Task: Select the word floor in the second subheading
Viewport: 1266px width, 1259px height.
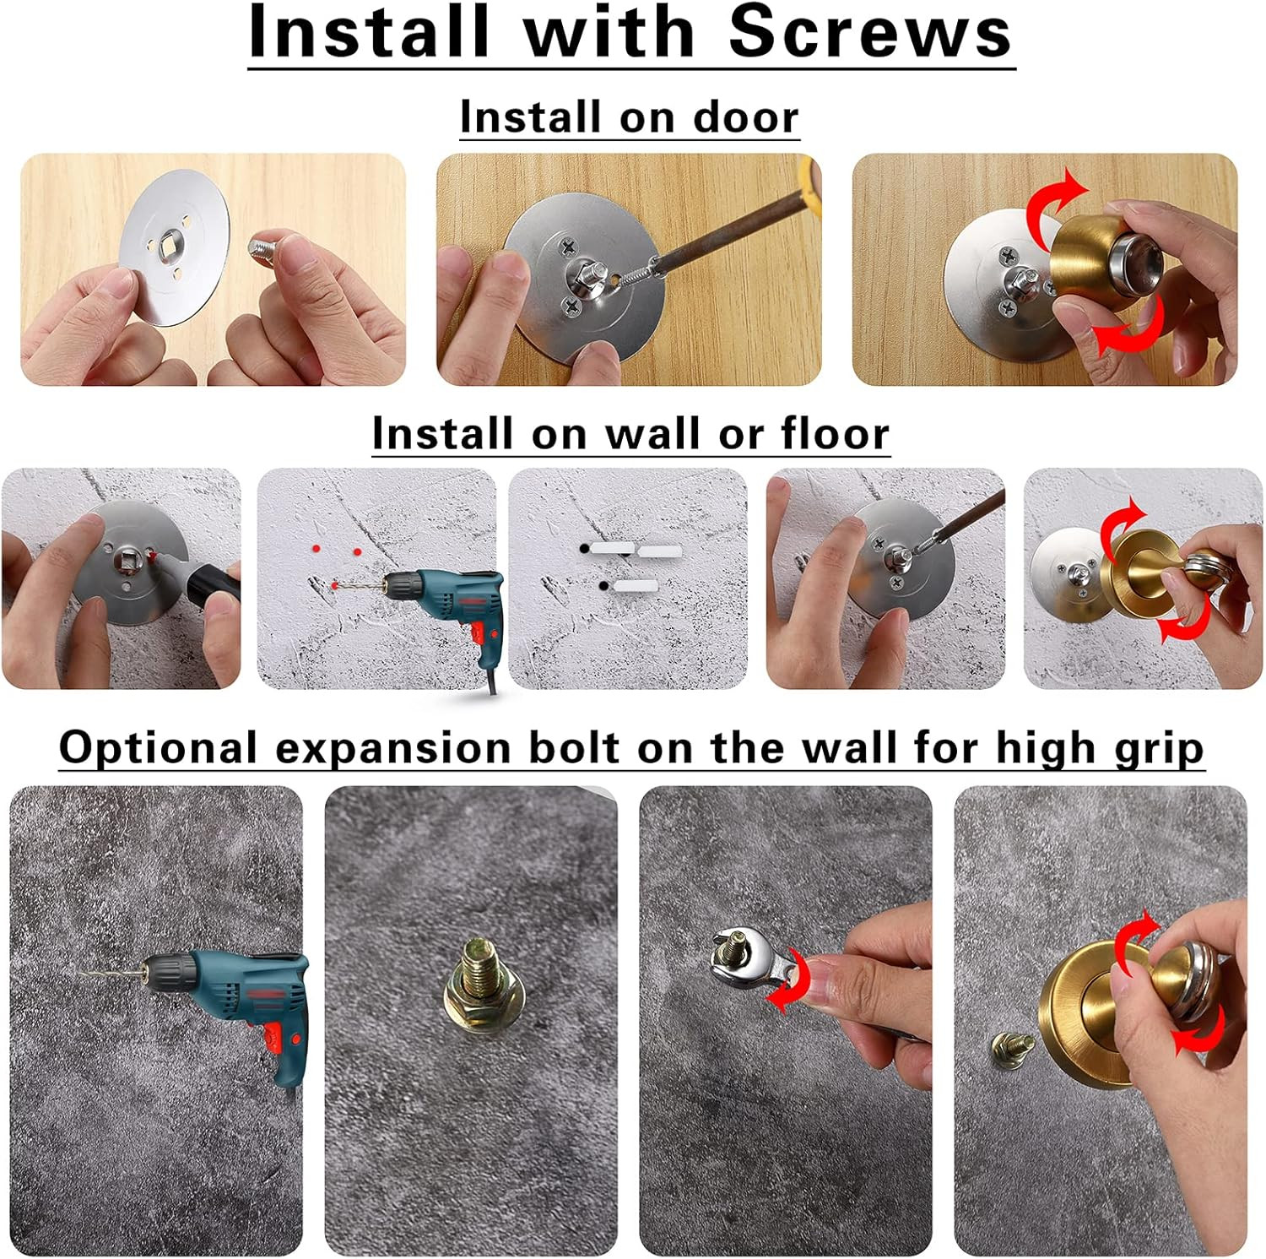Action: click(834, 433)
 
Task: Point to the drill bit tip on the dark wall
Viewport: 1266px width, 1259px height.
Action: click(81, 973)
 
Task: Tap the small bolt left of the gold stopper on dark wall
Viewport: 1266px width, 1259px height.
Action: click(1011, 1045)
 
